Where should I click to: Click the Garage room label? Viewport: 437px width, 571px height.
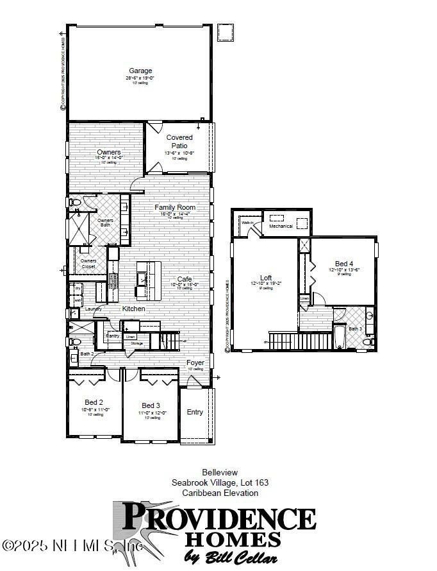click(140, 71)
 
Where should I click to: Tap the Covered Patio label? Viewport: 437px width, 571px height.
click(179, 141)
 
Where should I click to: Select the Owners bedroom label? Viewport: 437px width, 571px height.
click(109, 152)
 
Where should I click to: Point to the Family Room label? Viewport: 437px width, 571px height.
click(174, 208)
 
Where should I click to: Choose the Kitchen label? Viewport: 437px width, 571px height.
click(134, 309)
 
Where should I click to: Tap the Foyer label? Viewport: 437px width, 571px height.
click(195, 363)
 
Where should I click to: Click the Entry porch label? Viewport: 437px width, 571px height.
click(195, 412)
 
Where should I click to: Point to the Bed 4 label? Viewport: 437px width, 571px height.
click(343, 264)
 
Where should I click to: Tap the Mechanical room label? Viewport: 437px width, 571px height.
click(281, 226)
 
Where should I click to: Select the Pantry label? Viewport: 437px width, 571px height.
click(112, 335)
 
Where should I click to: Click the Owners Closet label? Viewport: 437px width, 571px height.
click(88, 264)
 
